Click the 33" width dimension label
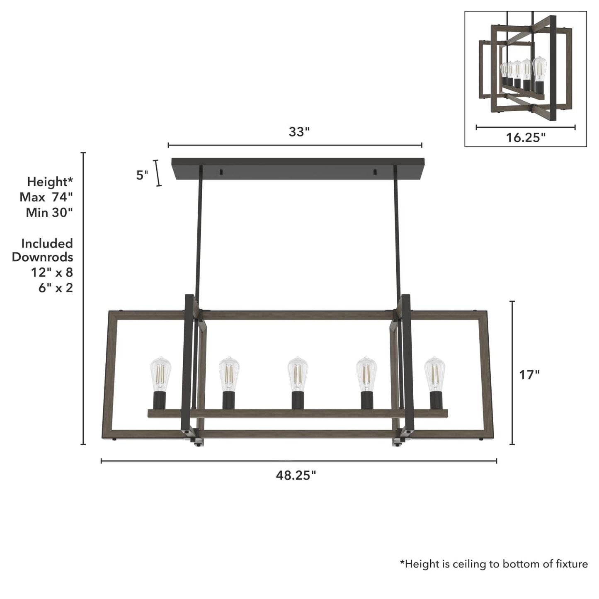tap(299, 132)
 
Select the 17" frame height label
tap(529, 375)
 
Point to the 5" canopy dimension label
tap(142, 175)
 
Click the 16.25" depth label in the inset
tap(526, 137)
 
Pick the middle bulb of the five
tap(298, 373)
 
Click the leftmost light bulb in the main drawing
tap(160, 373)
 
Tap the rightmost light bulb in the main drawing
tap(434, 373)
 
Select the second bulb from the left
tap(229, 373)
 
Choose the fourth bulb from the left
tap(366, 373)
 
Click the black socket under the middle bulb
tap(297, 400)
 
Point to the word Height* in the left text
tap(50, 182)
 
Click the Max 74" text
tap(46, 197)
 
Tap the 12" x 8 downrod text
tap(51, 272)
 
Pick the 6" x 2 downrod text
tap(56, 288)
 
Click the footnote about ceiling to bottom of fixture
tap(493, 564)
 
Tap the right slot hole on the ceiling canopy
tap(375, 172)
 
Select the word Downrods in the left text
tap(42, 257)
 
